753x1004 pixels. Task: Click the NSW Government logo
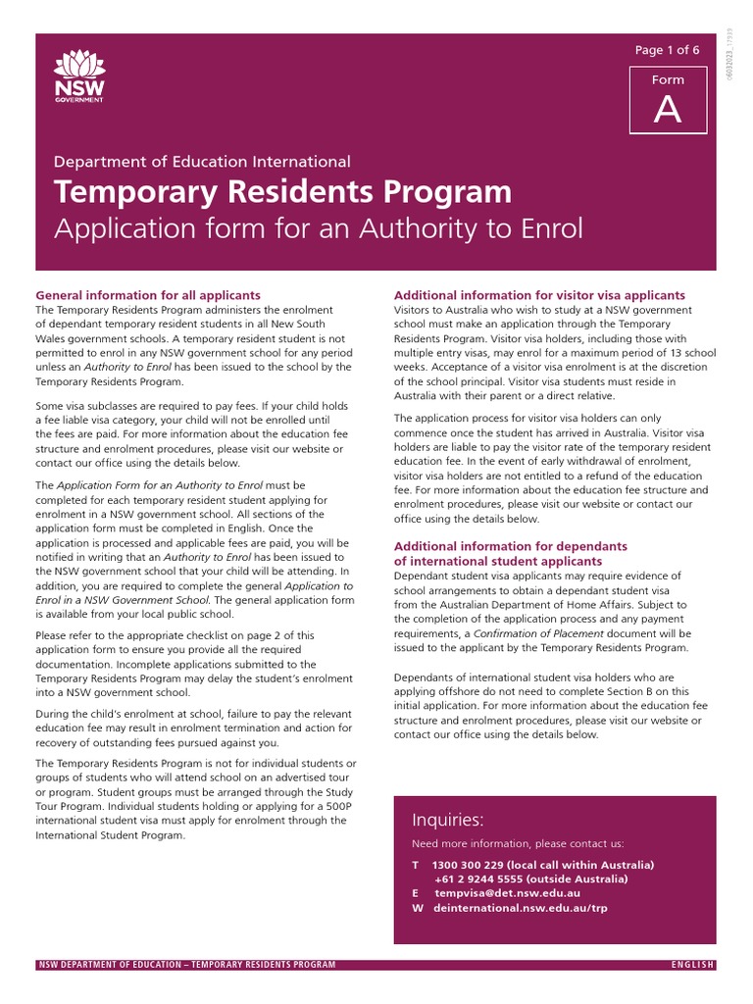pyautogui.click(x=79, y=77)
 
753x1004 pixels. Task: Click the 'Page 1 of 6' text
pyautogui.click(x=668, y=50)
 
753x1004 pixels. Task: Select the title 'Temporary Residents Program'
pyautogui.click(x=282, y=191)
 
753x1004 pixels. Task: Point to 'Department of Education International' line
pyautogui.click(x=202, y=162)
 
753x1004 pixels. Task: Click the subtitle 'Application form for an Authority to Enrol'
pyautogui.click(x=319, y=229)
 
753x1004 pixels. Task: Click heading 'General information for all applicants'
pyautogui.click(x=148, y=295)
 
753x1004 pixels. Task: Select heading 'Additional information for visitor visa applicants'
pyautogui.click(x=539, y=295)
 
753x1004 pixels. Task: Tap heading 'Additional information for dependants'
pyautogui.click(x=510, y=546)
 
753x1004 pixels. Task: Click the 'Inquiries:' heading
pyautogui.click(x=447, y=821)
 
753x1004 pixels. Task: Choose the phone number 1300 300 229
pyautogui.click(x=468, y=865)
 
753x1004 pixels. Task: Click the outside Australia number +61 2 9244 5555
pyautogui.click(x=477, y=879)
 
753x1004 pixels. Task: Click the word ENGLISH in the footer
pyautogui.click(x=692, y=965)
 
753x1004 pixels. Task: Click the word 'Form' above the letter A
pyautogui.click(x=668, y=80)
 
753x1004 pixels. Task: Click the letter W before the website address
pyautogui.click(x=417, y=908)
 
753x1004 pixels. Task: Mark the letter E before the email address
pyautogui.click(x=415, y=893)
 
